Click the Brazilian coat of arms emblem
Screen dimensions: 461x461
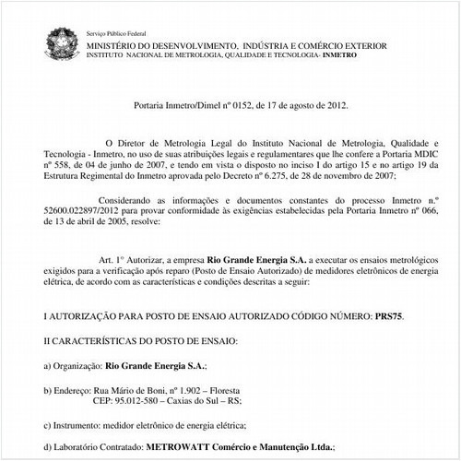click(x=58, y=41)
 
